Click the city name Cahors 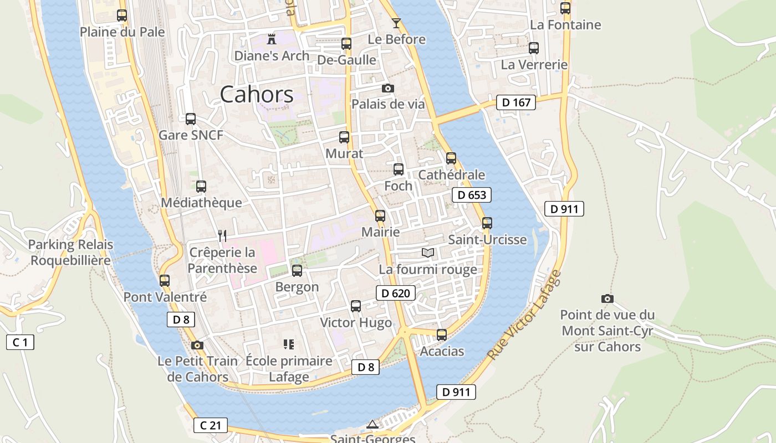[x=257, y=95]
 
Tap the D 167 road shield [x=515, y=102]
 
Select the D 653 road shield [x=472, y=195]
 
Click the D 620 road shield [x=396, y=293]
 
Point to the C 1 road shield [x=20, y=342]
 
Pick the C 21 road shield [x=211, y=425]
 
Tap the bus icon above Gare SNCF [x=191, y=119]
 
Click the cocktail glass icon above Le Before [x=396, y=23]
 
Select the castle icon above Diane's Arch [x=272, y=39]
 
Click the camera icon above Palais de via [x=388, y=88]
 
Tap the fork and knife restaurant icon [x=222, y=236]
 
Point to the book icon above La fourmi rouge [x=427, y=253]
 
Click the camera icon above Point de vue [x=607, y=298]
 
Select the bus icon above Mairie [x=380, y=216]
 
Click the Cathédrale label [x=451, y=175]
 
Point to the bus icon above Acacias [x=442, y=335]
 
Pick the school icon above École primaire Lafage [x=288, y=344]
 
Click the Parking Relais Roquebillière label [x=70, y=252]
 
